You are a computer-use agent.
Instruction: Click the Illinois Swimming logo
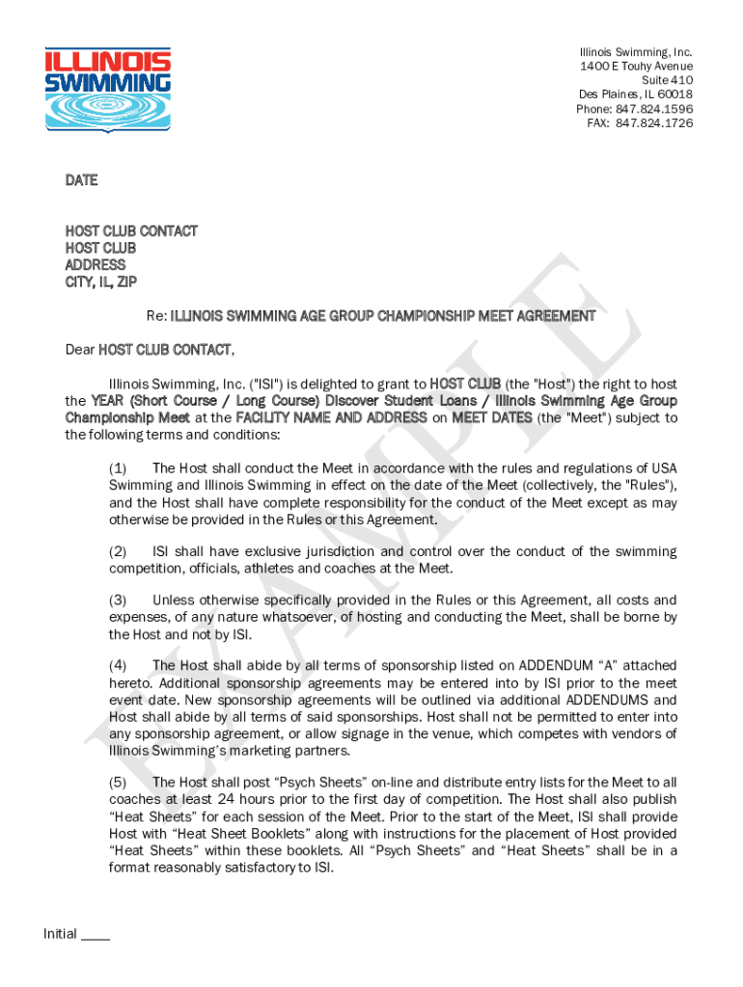point(108,90)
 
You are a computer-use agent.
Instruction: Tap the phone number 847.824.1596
point(657,109)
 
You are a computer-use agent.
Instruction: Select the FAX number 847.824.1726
point(654,123)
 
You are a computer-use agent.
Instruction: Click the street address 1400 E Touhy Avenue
point(636,66)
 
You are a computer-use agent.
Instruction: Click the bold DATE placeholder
point(81,180)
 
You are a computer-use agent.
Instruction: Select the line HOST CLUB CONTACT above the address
point(131,230)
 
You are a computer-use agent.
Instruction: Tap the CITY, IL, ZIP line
point(101,281)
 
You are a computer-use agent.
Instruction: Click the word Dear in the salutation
point(80,350)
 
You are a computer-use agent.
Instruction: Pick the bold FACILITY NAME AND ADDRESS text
point(331,418)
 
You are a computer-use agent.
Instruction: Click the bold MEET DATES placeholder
point(491,418)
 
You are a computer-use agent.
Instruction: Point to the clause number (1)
point(118,468)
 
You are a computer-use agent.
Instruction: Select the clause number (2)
point(118,551)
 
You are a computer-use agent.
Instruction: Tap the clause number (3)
point(118,600)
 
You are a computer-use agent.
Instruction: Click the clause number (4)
point(118,666)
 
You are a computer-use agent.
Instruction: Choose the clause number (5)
point(118,783)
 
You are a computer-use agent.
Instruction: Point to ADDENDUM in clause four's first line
point(558,666)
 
